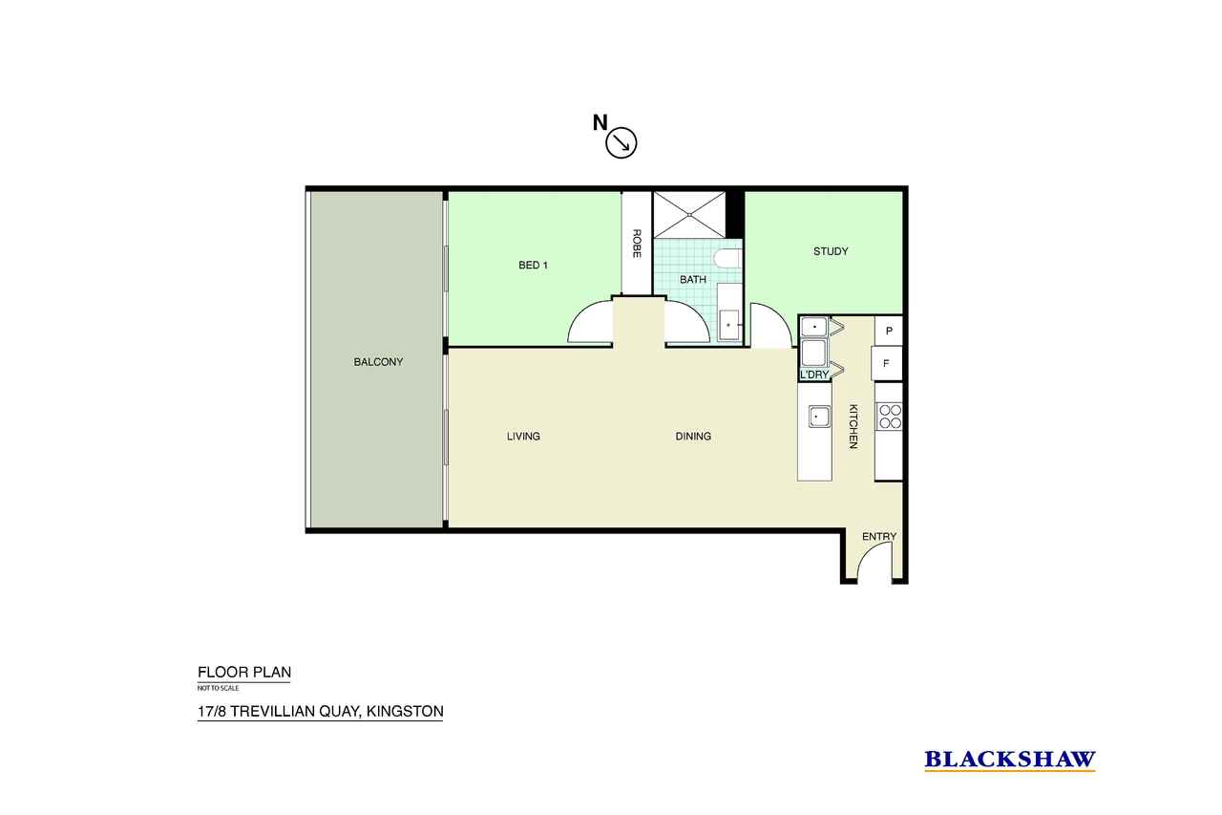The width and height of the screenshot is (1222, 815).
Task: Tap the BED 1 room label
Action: (533, 266)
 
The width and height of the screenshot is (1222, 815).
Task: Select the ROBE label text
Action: (637, 244)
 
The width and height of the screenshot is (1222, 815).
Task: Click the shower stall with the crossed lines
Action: (689, 215)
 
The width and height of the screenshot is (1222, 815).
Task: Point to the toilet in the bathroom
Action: (727, 259)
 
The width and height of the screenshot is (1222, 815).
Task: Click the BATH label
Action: (693, 280)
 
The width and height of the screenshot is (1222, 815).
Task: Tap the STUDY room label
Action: (831, 251)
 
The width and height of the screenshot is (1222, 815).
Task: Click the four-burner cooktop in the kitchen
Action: (889, 417)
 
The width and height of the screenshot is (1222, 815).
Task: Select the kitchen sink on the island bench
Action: (819, 417)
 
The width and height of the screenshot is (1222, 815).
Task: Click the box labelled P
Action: (889, 331)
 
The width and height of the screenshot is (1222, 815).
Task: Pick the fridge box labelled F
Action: (887, 364)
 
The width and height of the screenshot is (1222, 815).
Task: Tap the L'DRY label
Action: (814, 375)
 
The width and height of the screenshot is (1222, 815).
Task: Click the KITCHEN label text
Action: (853, 426)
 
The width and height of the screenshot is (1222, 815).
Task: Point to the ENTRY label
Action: (879, 537)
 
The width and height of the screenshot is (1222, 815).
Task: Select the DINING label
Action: (693, 436)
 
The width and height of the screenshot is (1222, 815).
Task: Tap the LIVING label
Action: (523, 436)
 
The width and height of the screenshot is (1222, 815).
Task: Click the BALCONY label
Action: (378, 362)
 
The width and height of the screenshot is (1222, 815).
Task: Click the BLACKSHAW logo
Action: (1010, 760)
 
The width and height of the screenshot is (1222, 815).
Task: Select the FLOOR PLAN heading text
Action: (244, 672)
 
